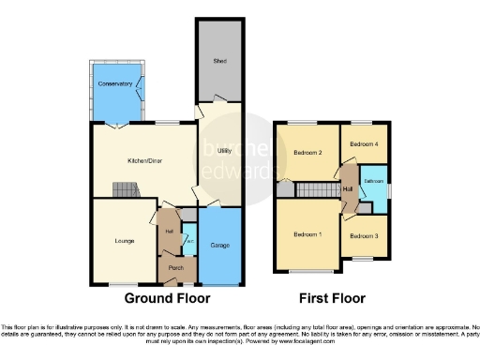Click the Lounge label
(x=126, y=241)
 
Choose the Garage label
(x=221, y=245)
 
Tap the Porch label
(x=174, y=268)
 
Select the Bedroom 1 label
(x=306, y=234)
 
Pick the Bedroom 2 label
(x=307, y=152)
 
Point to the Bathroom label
(x=375, y=181)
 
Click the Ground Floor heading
(x=168, y=298)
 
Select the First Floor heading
(x=333, y=298)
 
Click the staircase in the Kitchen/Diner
(x=126, y=190)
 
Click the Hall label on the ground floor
(x=170, y=231)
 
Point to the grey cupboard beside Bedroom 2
(x=284, y=189)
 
